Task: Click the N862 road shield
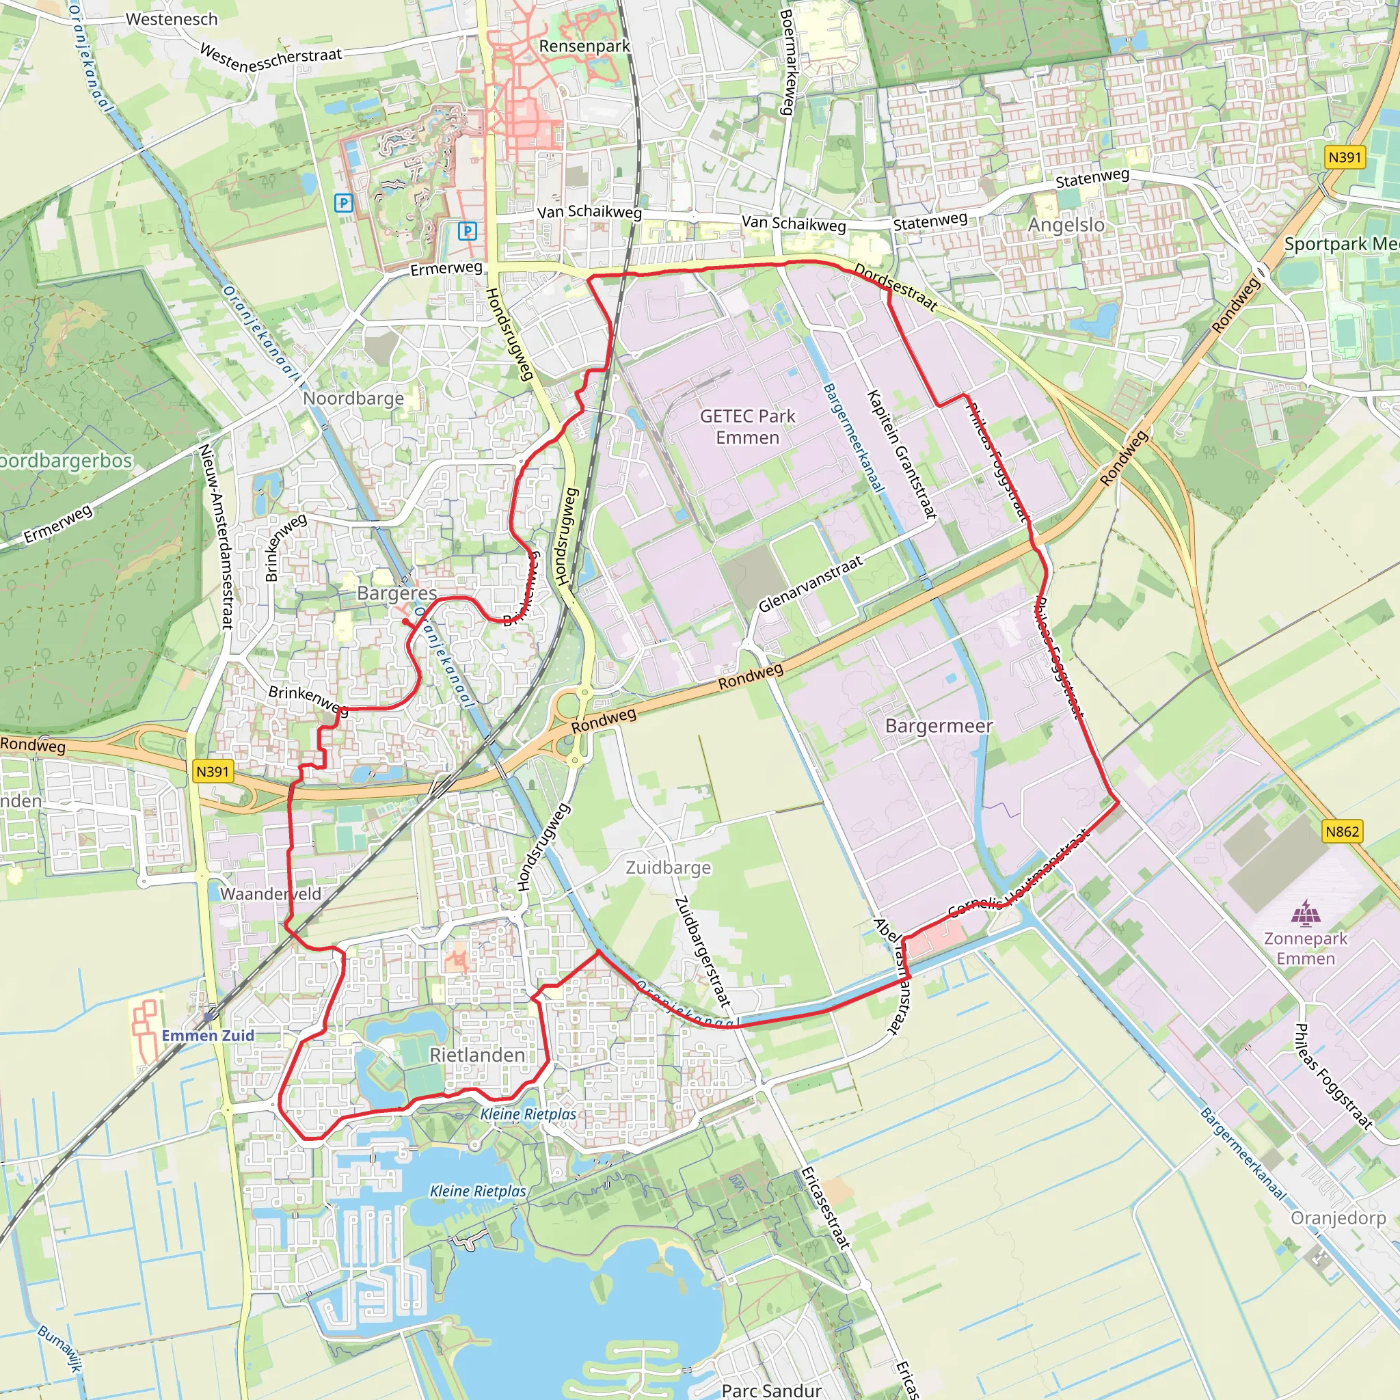tap(1342, 831)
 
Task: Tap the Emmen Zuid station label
tap(208, 1036)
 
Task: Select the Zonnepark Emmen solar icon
tap(1306, 913)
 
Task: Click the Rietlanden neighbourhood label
tap(477, 1055)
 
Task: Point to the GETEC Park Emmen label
tap(747, 427)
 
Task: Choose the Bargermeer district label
tap(939, 725)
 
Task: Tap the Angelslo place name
tap(1066, 226)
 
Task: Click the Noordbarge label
tap(353, 398)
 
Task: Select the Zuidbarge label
tap(668, 867)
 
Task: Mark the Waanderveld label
tap(270, 893)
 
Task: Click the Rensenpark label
tap(584, 46)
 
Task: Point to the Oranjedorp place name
tap(1338, 1218)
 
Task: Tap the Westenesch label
tap(172, 20)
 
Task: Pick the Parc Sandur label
tap(772, 1390)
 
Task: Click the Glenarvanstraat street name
tap(810, 583)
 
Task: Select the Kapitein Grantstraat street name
tap(902, 455)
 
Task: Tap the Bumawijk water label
tap(59, 1348)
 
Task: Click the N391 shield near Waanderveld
tap(213, 772)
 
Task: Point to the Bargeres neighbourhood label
tap(396, 593)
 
